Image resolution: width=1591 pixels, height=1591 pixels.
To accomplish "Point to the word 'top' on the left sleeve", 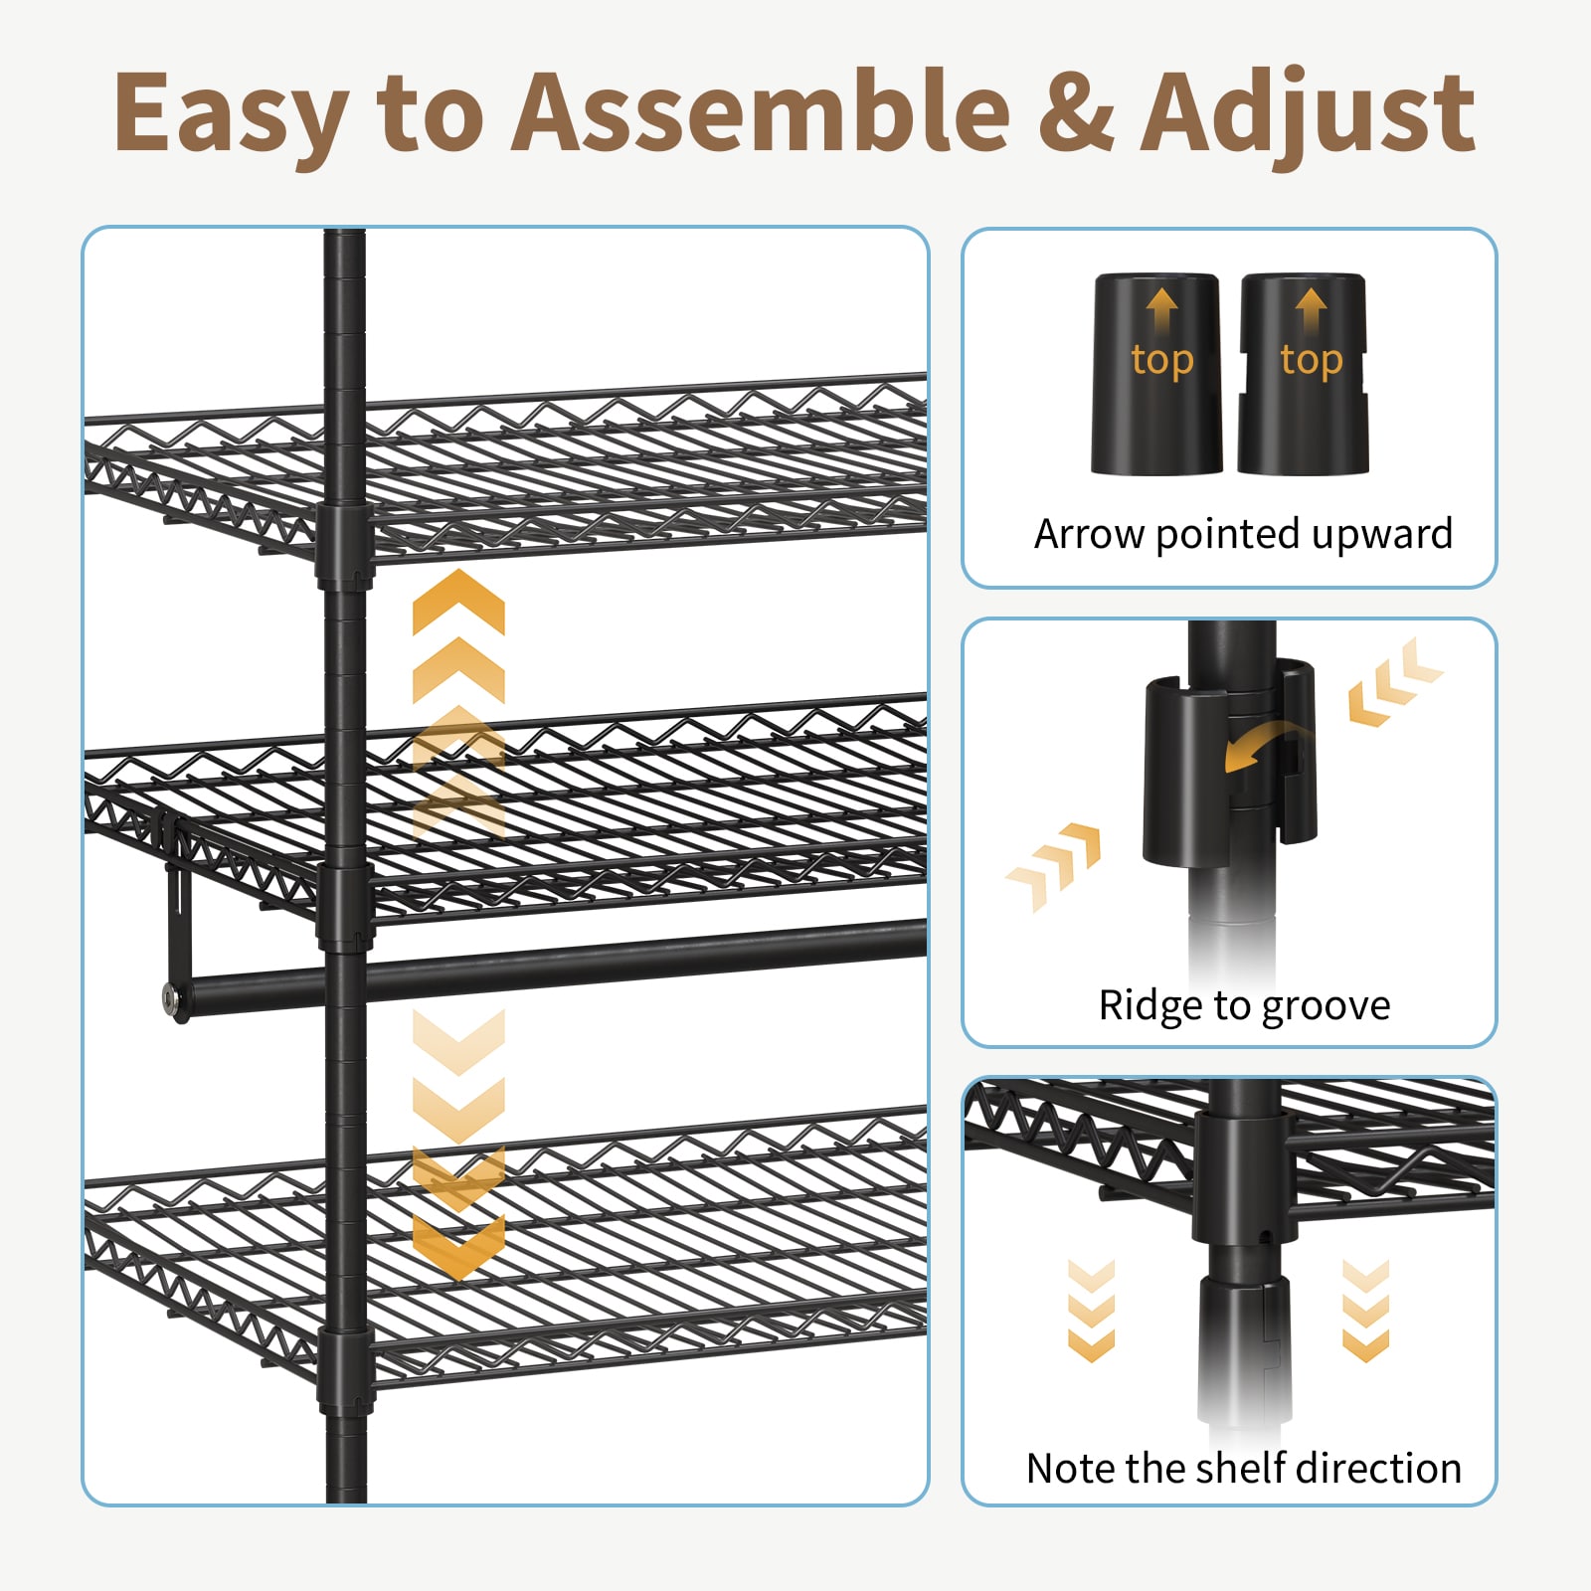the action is (x=1162, y=361).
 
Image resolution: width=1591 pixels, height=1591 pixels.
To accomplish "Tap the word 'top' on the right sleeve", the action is (x=1312, y=361).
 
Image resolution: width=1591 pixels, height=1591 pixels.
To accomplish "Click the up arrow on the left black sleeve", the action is (x=1162, y=309).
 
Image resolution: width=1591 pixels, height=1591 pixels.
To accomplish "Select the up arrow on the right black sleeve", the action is (x=1312, y=309).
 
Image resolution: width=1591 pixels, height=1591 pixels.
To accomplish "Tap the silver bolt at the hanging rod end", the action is (x=175, y=998).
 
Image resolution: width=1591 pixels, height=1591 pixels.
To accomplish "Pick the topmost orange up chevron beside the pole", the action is (x=458, y=602).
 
